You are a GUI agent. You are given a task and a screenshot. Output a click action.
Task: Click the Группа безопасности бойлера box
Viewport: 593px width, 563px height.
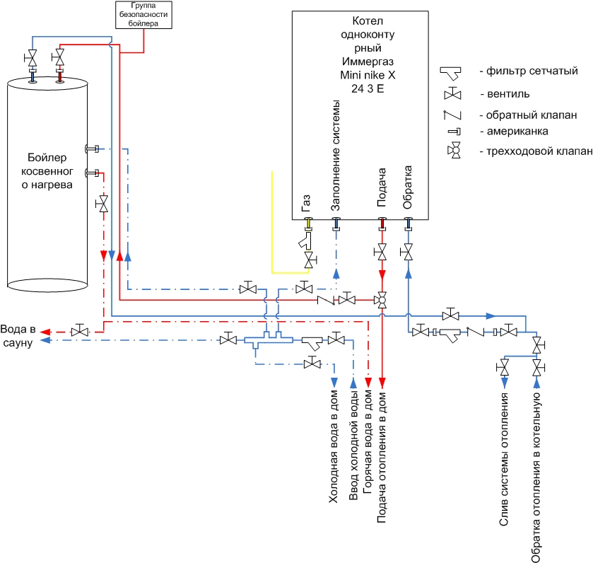(143, 15)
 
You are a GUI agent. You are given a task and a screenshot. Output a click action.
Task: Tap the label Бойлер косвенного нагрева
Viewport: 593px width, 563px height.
(47, 171)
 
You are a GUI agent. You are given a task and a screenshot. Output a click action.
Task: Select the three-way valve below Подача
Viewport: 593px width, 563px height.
(382, 300)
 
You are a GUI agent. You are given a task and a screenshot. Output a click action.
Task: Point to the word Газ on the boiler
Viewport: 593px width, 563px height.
(306, 203)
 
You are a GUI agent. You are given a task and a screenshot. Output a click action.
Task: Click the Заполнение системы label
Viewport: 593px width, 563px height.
(336, 156)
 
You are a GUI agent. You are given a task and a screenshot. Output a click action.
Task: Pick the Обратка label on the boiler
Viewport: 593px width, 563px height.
(407, 187)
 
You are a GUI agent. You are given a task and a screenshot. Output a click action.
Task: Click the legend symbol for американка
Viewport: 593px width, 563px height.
(454, 132)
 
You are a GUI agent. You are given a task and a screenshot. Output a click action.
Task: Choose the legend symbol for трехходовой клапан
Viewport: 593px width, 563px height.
(454, 151)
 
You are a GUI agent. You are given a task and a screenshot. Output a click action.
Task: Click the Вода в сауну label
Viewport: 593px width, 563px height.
(18, 336)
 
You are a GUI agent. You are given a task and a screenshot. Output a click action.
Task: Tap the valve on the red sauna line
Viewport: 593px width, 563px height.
(80, 331)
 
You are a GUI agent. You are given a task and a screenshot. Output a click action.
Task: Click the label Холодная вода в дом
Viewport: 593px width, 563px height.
(334, 446)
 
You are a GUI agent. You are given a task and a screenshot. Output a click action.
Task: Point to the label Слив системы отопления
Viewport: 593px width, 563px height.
(504, 459)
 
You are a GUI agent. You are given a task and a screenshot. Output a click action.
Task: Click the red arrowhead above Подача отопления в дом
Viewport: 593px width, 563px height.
(382, 383)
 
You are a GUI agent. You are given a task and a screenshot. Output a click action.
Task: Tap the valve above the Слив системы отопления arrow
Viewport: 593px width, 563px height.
(504, 367)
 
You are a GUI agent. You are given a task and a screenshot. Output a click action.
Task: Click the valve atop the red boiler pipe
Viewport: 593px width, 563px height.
(59, 57)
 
